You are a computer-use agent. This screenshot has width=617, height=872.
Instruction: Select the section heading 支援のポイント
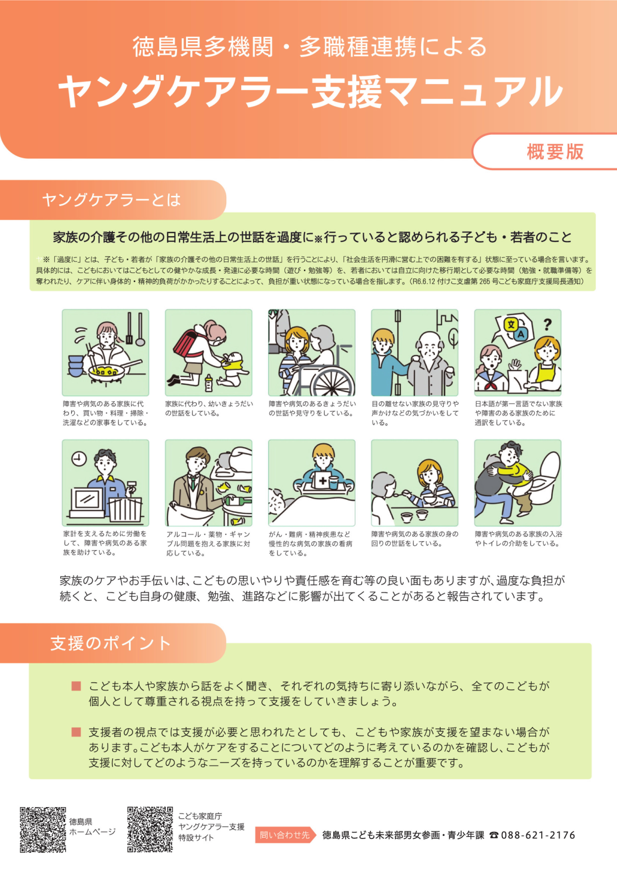pyautogui.click(x=111, y=643)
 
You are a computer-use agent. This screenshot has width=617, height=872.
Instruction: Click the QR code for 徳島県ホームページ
pyautogui.click(x=43, y=829)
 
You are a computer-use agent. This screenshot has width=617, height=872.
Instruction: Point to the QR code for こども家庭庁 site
pyautogui.click(x=150, y=829)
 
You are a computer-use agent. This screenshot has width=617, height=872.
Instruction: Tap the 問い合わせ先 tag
pyautogui.click(x=285, y=835)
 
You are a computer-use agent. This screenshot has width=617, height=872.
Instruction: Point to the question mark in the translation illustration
pyautogui.click(x=547, y=324)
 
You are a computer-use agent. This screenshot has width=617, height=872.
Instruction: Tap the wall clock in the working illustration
pyautogui.click(x=79, y=459)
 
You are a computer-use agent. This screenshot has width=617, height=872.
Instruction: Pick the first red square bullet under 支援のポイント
pyautogui.click(x=76, y=686)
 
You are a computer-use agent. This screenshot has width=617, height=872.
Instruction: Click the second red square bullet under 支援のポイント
pyautogui.click(x=76, y=732)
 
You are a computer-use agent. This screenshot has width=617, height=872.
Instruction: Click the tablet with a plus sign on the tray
pyautogui.click(x=323, y=480)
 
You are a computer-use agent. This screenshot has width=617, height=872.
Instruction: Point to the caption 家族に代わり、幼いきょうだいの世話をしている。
pyautogui.click(x=209, y=408)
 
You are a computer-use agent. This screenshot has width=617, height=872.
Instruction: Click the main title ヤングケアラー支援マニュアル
pyautogui.click(x=310, y=91)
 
